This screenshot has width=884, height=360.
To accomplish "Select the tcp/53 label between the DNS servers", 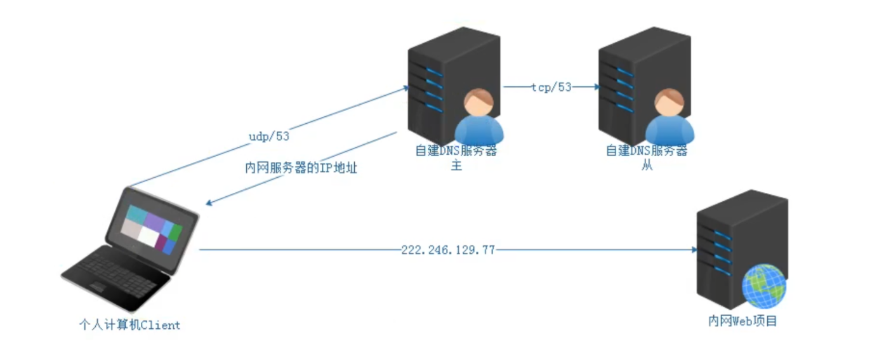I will click(x=551, y=88).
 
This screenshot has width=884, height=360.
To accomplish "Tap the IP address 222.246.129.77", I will click(x=448, y=250).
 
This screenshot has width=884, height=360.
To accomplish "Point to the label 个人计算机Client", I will click(x=129, y=325).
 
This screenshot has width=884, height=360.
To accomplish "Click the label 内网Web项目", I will click(x=742, y=321).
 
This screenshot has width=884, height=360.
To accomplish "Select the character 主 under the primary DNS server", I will click(x=456, y=166).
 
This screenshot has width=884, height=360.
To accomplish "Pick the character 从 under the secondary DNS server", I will click(x=647, y=166).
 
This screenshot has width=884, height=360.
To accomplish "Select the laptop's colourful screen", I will click(x=152, y=229).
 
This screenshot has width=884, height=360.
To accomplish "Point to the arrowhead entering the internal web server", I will click(x=693, y=250).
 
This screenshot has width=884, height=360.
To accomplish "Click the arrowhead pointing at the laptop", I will click(x=210, y=203).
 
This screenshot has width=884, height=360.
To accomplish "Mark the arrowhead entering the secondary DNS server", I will click(x=595, y=88).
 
